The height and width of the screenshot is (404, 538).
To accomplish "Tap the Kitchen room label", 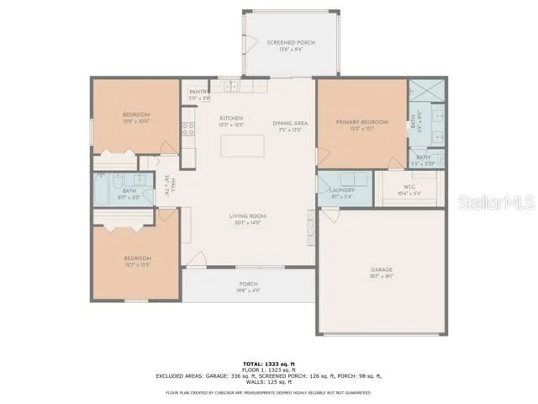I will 231,118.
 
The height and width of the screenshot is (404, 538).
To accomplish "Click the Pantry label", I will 198,92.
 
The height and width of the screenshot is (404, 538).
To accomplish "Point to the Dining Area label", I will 290,123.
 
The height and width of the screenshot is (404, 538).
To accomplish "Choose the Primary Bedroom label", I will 360,123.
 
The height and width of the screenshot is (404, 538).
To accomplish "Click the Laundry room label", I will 343,190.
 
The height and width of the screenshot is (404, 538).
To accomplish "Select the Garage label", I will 382,270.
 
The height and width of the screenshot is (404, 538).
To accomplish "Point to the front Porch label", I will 248,284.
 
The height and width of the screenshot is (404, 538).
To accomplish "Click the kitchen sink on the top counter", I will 230,86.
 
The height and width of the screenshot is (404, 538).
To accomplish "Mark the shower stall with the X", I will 419,91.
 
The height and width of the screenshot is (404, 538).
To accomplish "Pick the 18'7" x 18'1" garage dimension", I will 382,276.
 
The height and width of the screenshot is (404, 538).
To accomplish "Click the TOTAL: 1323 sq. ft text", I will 268,362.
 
